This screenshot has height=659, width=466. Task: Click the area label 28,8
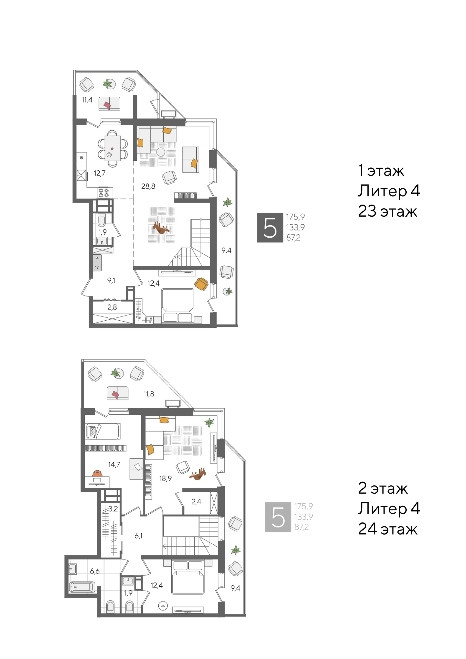pyautogui.click(x=148, y=186)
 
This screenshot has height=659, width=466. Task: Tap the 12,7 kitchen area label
pyautogui.click(x=100, y=173)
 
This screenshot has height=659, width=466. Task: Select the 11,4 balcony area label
pyautogui.click(x=87, y=100)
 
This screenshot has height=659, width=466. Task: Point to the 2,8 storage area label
pyautogui.click(x=112, y=307)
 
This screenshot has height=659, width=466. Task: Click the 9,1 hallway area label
pyautogui.click(x=111, y=280)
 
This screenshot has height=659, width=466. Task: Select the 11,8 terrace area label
pyautogui.click(x=149, y=394)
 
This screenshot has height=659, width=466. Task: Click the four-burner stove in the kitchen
pyautogui.click(x=104, y=193)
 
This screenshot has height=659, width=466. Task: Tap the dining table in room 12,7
pyautogui.click(x=112, y=148)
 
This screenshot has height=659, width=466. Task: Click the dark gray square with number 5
pyautogui.click(x=270, y=228)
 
